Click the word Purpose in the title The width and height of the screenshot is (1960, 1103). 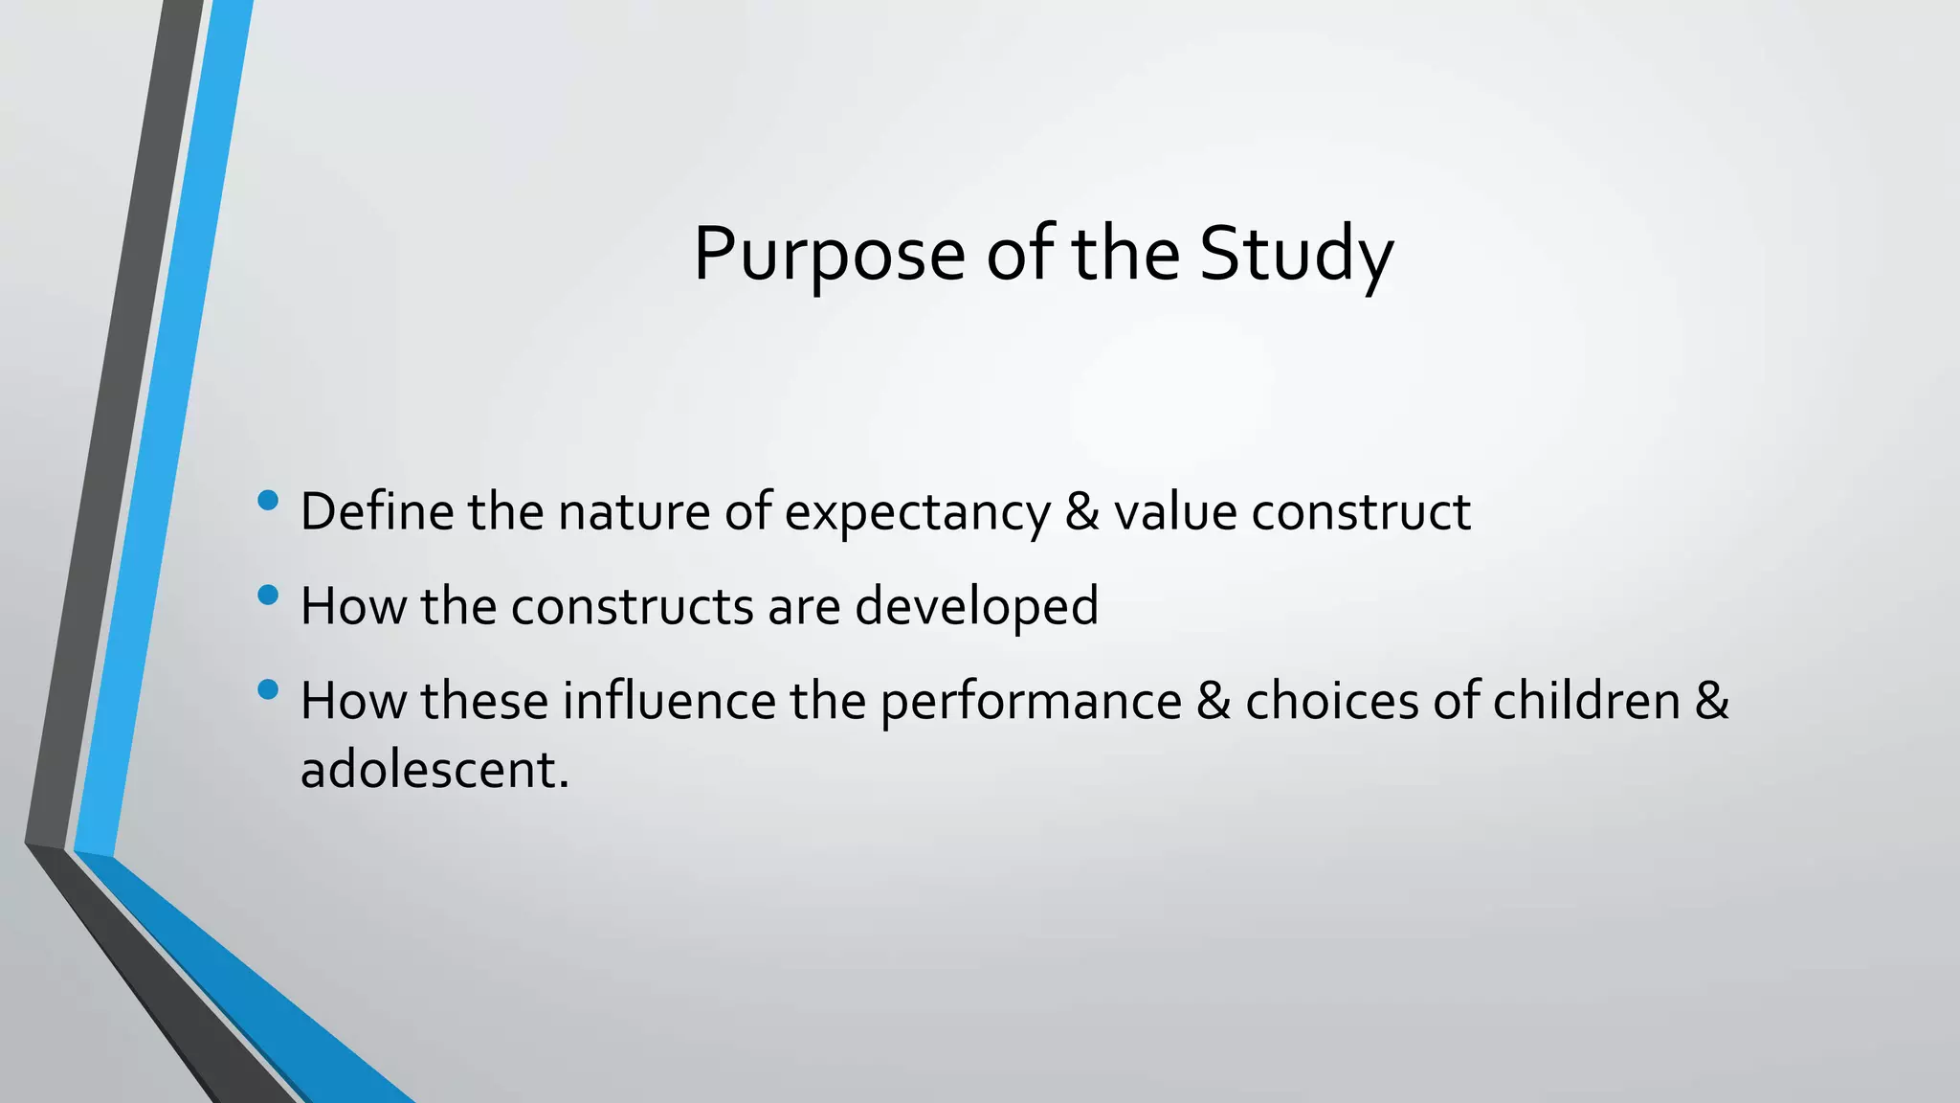[x=829, y=255]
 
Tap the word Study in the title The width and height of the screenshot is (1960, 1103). [x=1296, y=255]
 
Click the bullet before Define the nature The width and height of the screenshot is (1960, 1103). [x=268, y=500]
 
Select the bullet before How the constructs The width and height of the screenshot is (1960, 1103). [x=268, y=596]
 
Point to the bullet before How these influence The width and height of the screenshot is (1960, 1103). [x=268, y=689]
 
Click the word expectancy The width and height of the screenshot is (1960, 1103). [x=917, y=513]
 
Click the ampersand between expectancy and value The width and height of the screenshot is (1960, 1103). [x=1081, y=511]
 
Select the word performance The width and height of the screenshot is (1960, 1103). [x=1031, y=703]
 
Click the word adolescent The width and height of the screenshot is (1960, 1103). [x=434, y=770]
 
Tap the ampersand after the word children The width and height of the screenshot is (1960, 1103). [x=1712, y=701]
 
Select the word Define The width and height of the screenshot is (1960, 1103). [x=376, y=511]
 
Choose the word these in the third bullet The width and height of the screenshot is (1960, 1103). [x=484, y=701]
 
